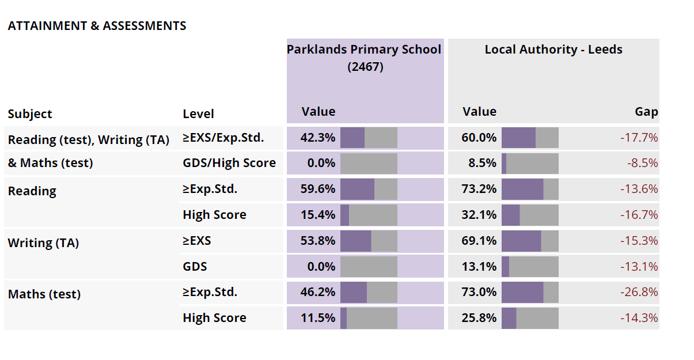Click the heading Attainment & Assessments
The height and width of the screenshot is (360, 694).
click(97, 26)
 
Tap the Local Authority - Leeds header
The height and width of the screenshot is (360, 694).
click(553, 50)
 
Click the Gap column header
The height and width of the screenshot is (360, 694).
click(646, 112)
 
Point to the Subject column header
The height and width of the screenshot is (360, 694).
click(30, 114)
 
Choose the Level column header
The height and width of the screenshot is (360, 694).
click(198, 114)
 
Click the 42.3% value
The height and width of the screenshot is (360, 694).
click(317, 138)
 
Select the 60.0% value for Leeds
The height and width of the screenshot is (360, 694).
click(479, 138)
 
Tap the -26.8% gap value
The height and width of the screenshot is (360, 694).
click(639, 292)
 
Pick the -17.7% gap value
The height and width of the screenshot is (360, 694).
click(639, 138)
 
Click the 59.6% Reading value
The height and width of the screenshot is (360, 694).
click(317, 189)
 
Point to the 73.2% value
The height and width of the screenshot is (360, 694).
click(479, 189)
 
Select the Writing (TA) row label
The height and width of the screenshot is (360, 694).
click(43, 243)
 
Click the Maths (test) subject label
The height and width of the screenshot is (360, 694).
click(44, 294)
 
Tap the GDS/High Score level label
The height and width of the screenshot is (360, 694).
click(229, 163)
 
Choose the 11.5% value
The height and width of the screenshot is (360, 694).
click(317, 318)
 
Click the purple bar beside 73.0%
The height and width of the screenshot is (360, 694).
click(522, 292)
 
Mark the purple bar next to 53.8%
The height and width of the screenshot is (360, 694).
click(355, 241)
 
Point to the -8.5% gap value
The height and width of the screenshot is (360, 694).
click(642, 163)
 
